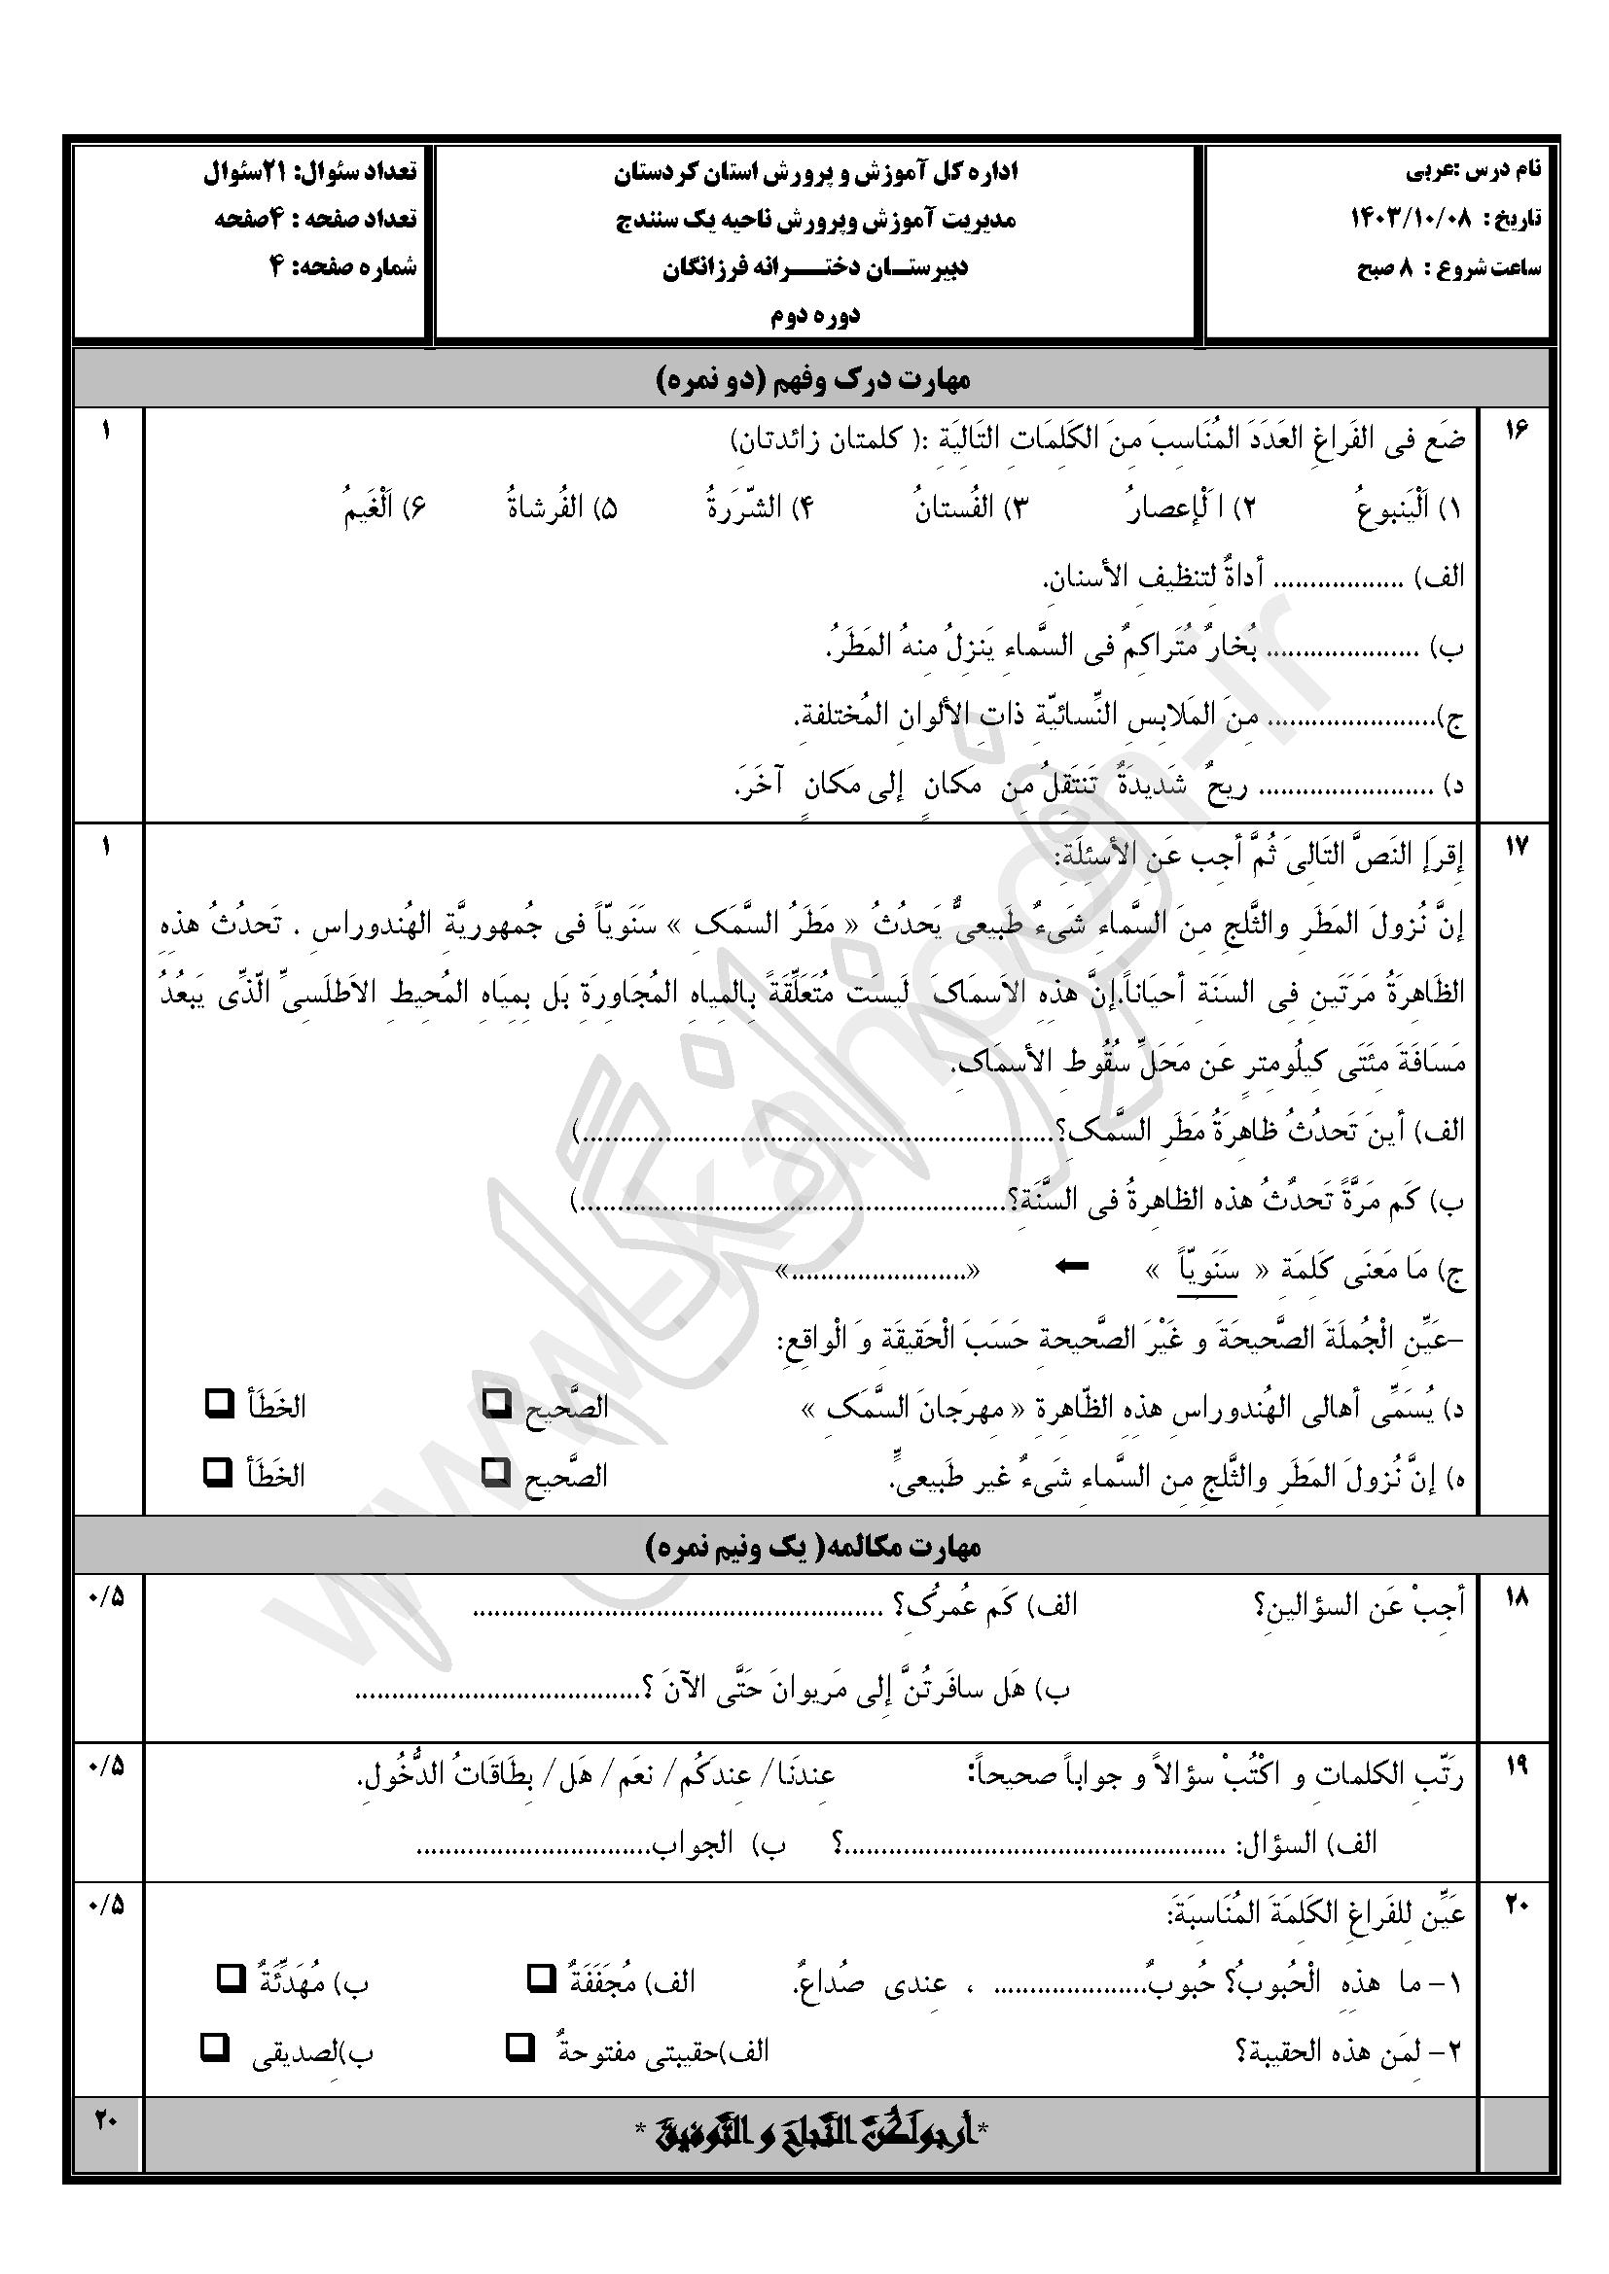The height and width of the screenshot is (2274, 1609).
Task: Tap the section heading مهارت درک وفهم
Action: [x=813, y=378]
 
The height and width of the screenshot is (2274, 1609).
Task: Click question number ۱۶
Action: [x=1517, y=431]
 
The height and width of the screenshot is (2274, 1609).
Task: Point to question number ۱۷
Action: [x=1517, y=847]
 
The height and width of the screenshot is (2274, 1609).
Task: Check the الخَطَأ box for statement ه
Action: [x=217, y=1473]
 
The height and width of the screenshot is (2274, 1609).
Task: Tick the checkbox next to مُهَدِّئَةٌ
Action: [x=231, y=1978]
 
